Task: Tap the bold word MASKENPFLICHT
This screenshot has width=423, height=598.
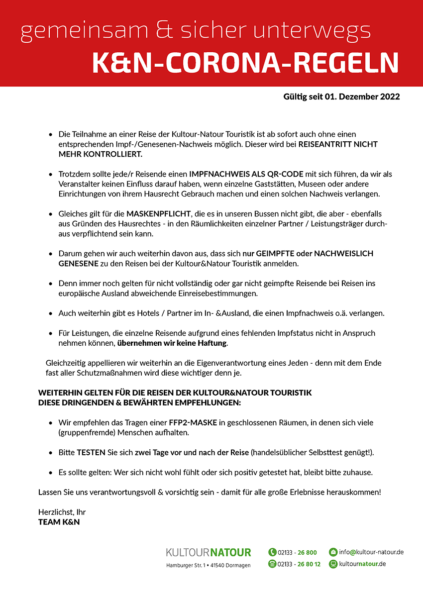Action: coord(159,213)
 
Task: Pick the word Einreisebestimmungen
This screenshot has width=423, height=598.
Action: coord(216,293)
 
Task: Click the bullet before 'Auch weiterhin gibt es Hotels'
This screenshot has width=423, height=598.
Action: coord(51,314)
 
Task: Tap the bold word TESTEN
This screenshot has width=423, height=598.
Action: coord(91,453)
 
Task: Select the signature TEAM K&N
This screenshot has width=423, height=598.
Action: coord(59,522)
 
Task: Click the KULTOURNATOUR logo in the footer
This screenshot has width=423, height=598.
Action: coord(209,552)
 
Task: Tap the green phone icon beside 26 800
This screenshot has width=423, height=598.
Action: coord(272,552)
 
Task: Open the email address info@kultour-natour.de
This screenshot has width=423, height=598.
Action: coord(371,552)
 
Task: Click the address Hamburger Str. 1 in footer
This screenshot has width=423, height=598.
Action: coord(186,565)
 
